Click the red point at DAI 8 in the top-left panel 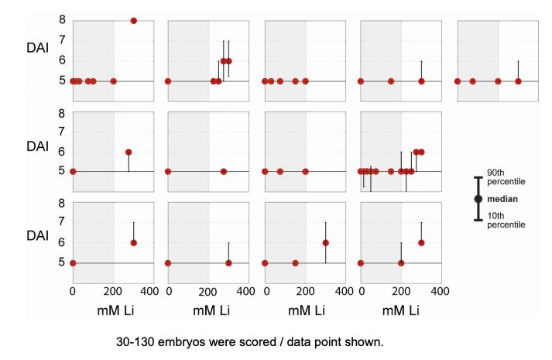[133, 21]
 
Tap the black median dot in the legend [478, 199]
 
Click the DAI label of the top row [37, 47]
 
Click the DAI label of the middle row [37, 146]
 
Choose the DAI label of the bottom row [37, 236]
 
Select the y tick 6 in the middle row [60, 152]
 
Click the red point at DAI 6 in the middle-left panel [129, 153]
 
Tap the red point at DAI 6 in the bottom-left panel [133, 243]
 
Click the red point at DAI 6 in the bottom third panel [326, 243]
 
